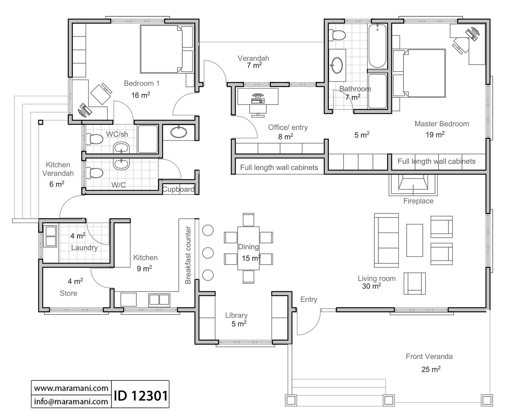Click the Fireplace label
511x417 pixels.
tap(418, 201)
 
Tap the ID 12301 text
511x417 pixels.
tap(141, 395)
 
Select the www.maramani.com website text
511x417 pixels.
tap(71, 388)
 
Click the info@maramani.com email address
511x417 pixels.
tap(71, 401)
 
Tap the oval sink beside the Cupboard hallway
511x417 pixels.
tap(179, 132)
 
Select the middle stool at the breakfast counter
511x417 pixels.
tap(208, 253)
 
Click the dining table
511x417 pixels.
tap(248, 248)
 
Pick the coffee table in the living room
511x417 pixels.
tap(414, 240)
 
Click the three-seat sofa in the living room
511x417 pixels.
tap(386, 240)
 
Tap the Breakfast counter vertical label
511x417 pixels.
tap(188, 255)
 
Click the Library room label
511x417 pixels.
tap(236, 315)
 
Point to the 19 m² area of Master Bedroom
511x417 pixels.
tap(435, 134)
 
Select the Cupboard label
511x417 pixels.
tap(178, 189)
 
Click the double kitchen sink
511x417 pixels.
tap(159, 300)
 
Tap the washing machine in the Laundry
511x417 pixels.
tap(51, 236)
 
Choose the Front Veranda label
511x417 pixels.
tap(429, 356)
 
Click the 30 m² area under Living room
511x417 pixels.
tap(371, 286)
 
